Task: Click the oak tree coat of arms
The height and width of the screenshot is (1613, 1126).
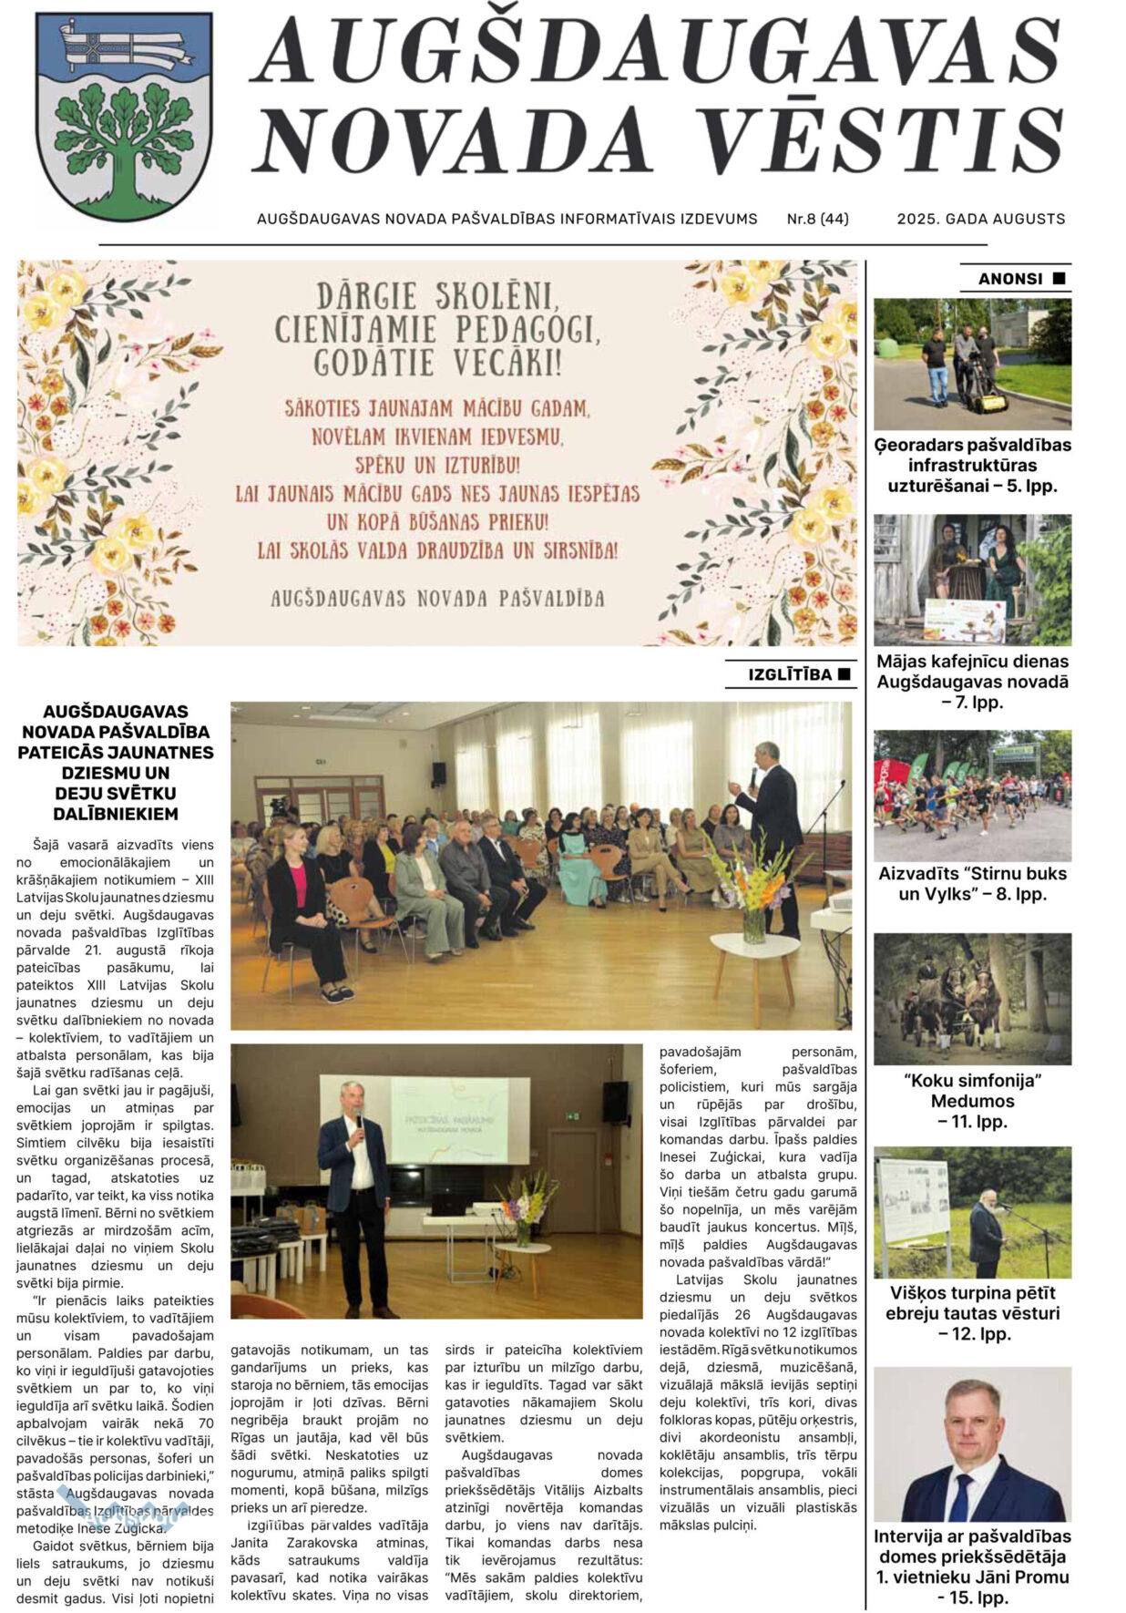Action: (123, 116)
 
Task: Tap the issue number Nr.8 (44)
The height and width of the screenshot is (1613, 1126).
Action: (817, 219)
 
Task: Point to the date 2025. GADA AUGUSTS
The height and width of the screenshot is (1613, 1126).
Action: (980, 219)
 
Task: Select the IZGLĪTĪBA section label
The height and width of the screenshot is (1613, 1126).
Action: (790, 674)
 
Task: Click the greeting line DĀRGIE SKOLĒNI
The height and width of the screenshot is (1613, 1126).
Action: (436, 296)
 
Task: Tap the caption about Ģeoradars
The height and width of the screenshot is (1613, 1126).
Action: (972, 465)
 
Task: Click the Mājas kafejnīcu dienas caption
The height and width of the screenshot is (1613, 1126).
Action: (972, 681)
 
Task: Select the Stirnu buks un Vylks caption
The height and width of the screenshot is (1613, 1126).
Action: (972, 883)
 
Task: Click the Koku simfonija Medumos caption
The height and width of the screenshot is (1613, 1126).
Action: (972, 1100)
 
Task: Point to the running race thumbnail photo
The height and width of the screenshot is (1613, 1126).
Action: (972, 795)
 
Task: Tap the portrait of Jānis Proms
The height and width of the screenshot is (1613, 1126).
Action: (972, 1443)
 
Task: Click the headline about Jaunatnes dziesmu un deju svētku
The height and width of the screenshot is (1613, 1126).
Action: (116, 762)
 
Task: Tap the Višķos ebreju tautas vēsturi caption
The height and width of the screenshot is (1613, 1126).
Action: (972, 1312)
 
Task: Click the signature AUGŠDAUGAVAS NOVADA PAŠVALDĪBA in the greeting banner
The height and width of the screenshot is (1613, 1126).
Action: (437, 599)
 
